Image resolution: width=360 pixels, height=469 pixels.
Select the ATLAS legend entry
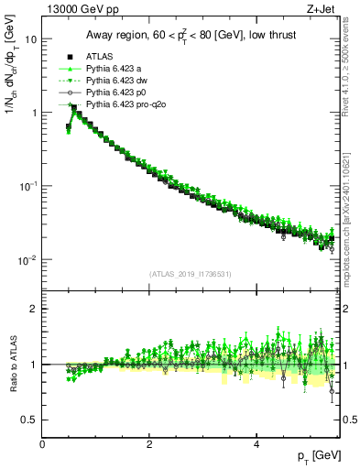(99, 54)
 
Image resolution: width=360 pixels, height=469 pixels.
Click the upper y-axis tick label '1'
(34, 113)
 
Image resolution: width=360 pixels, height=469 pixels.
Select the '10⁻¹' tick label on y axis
(28, 185)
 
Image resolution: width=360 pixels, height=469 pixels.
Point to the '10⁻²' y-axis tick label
(28, 259)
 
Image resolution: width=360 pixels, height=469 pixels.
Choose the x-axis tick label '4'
(256, 443)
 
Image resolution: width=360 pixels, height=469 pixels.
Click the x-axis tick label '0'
(42, 443)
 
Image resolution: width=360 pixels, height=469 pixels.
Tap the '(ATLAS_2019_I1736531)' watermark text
(191, 274)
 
